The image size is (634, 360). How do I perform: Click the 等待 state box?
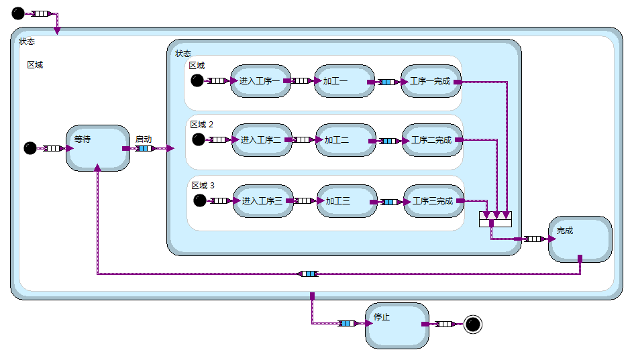click(x=97, y=148)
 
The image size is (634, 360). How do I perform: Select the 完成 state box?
click(x=580, y=239)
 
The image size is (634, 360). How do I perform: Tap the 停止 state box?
click(x=397, y=325)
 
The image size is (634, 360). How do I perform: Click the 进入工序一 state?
click(x=260, y=81)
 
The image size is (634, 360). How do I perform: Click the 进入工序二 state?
click(x=261, y=140)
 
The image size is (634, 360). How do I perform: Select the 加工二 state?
click(x=345, y=140)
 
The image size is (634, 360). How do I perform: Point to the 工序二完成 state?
click(x=432, y=140)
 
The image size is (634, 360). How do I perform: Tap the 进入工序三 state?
click(x=263, y=201)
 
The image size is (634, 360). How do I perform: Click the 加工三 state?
click(x=347, y=201)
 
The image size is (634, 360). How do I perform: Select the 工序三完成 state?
click(x=433, y=201)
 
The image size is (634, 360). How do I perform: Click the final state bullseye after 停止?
click(x=473, y=324)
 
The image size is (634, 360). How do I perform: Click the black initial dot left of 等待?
click(x=30, y=148)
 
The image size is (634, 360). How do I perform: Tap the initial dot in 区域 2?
click(x=198, y=139)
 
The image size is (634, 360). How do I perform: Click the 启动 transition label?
click(x=144, y=139)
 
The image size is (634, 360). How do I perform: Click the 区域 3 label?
click(x=203, y=185)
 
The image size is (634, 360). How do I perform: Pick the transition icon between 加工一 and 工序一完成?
click(x=386, y=82)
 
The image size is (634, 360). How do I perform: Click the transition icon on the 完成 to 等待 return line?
click(x=308, y=274)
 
